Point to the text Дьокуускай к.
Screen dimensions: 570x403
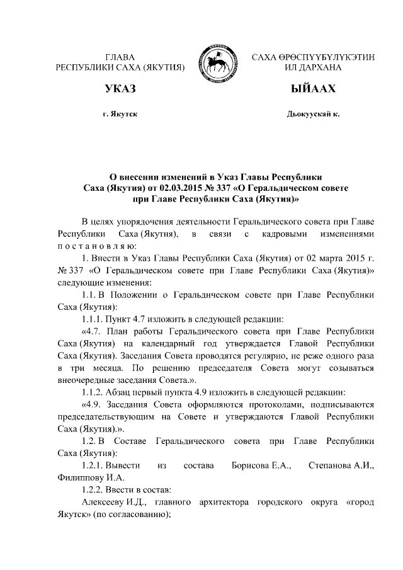(x=313, y=115)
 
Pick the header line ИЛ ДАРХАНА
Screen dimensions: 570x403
(x=313, y=67)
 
